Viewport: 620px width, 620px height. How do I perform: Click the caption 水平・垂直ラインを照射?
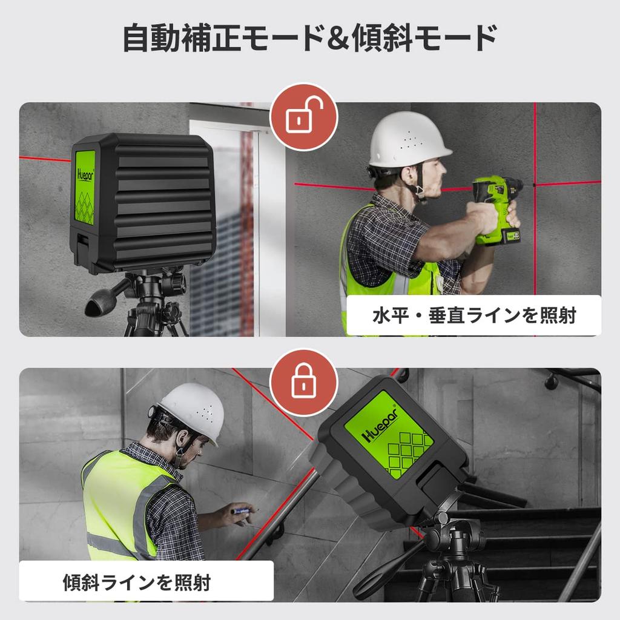coord(473,315)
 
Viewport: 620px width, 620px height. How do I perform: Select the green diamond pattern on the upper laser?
coord(85,206)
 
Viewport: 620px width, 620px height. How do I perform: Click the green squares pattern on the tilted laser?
coord(408,451)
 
